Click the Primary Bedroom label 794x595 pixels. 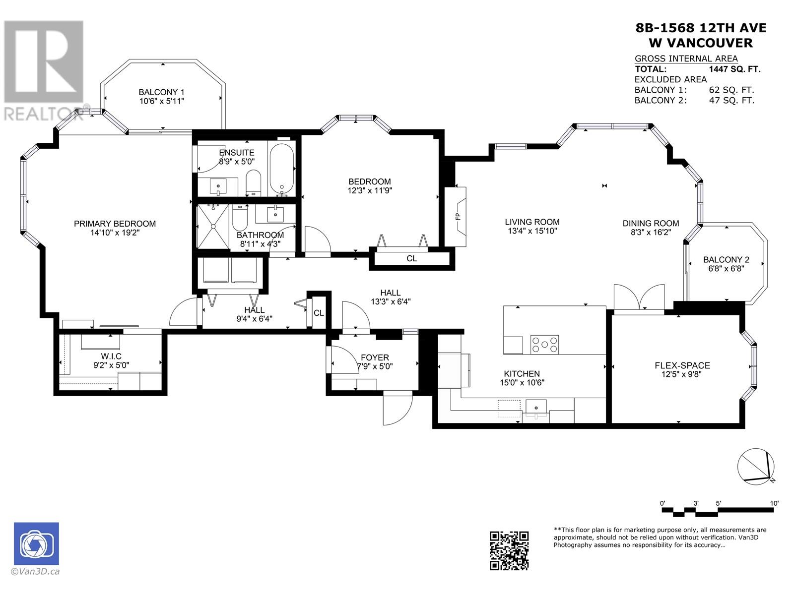point(115,224)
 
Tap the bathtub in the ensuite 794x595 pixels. point(282,170)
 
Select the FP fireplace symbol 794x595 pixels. point(457,216)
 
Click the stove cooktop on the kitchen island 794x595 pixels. point(544,344)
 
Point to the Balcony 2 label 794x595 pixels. point(726,259)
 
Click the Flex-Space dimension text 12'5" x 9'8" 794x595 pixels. point(681,375)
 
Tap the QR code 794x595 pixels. point(509,550)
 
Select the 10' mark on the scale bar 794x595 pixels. point(774,504)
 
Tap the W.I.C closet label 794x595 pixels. point(111,357)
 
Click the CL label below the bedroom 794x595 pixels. point(411,259)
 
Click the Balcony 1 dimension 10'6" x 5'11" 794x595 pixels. point(161,101)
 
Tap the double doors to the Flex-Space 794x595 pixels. point(639,298)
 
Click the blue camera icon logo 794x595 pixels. point(36,543)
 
